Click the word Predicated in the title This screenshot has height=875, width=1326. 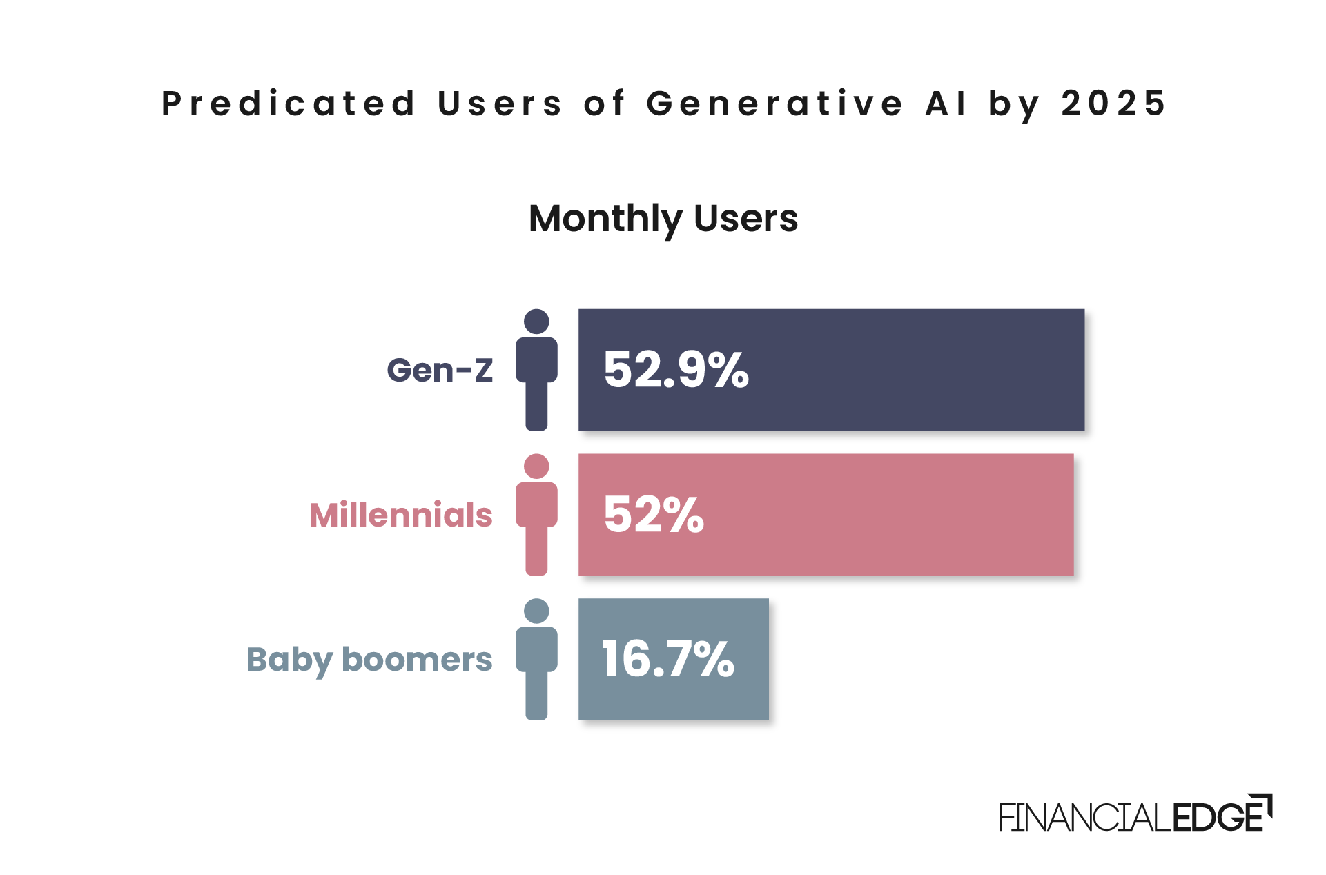click(289, 104)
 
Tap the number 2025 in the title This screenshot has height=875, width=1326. click(1113, 104)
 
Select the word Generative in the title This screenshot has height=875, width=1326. click(774, 104)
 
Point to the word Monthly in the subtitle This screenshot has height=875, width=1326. click(605, 219)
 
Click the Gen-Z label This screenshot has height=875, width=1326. click(440, 371)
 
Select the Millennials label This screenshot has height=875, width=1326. click(400, 515)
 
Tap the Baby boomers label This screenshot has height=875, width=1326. click(369, 660)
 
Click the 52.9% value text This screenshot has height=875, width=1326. click(676, 371)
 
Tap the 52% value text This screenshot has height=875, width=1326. click(653, 515)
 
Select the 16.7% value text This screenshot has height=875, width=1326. click(667, 660)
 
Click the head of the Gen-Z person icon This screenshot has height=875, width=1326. click(536, 322)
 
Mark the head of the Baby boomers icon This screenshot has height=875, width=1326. click(536, 611)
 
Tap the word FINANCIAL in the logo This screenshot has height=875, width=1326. click(1085, 818)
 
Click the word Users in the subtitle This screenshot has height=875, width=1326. click(745, 219)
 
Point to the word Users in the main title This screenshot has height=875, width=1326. click(500, 104)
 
